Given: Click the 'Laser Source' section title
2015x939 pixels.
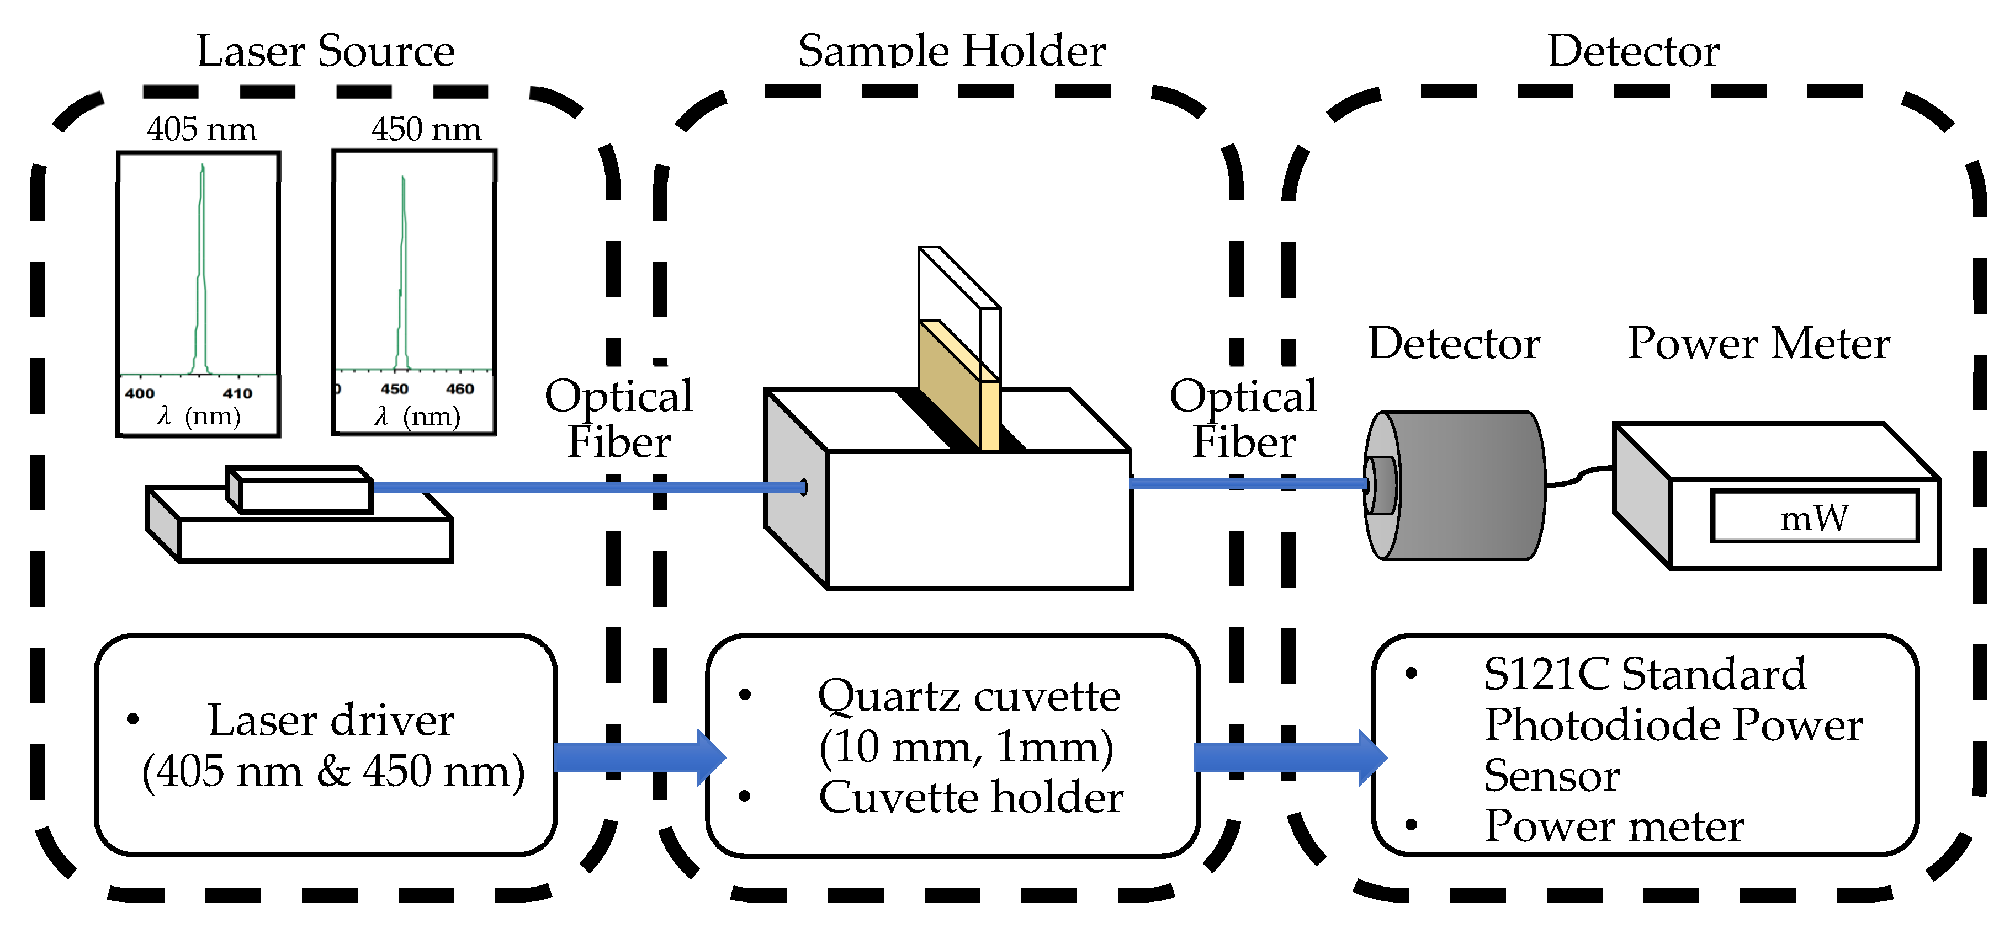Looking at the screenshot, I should (x=325, y=52).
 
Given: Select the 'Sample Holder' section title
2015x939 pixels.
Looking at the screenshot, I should (x=951, y=52).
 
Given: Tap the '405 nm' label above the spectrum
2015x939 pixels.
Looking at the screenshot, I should (x=202, y=129).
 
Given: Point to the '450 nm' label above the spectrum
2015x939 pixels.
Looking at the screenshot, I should (x=426, y=129).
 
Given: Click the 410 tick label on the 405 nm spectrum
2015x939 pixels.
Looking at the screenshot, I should (x=237, y=393).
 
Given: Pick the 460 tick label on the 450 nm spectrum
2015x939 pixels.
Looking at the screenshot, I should (x=460, y=388).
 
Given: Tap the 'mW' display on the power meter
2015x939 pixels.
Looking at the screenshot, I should (x=1814, y=517).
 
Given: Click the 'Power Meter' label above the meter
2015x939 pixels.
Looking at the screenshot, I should (x=1758, y=344).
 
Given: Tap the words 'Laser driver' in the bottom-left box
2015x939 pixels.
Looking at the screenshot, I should (x=330, y=720).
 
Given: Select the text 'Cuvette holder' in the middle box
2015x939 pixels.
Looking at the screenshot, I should (x=971, y=797).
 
